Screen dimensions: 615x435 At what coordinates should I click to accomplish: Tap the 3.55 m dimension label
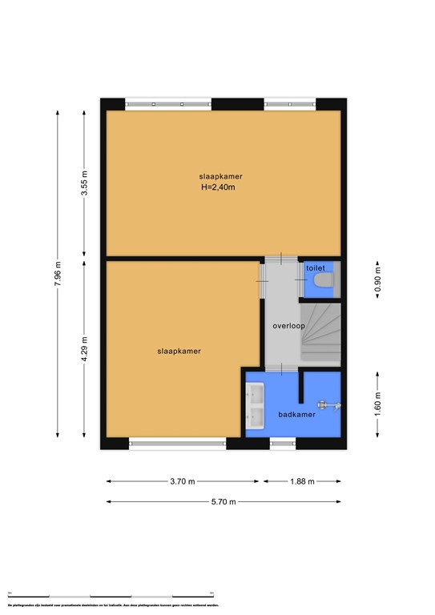84,184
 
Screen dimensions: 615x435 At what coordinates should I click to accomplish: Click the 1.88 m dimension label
301,481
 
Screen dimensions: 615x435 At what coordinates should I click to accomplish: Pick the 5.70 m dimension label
224,502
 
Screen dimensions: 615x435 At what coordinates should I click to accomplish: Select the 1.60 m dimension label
378,404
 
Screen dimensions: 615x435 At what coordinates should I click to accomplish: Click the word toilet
316,269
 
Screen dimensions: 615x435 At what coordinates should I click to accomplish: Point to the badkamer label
296,414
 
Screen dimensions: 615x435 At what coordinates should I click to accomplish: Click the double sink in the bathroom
257,406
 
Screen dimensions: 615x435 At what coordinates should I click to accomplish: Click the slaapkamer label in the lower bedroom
179,351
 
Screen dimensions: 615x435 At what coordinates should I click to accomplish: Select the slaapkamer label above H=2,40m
221,175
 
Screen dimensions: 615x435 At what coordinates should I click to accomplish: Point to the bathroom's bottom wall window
283,442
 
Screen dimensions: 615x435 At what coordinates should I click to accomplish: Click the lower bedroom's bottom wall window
177,442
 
